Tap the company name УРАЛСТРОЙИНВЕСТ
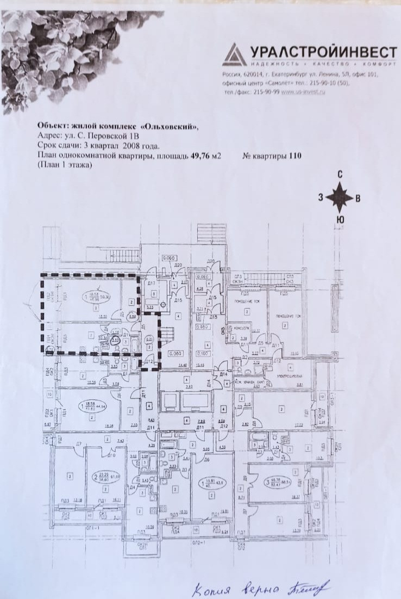pos(323,52)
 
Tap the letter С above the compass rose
pos(340,175)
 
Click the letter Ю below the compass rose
pos(340,220)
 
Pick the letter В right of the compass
pos(357,198)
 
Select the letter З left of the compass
pos(321,198)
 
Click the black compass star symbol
pos(340,197)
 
